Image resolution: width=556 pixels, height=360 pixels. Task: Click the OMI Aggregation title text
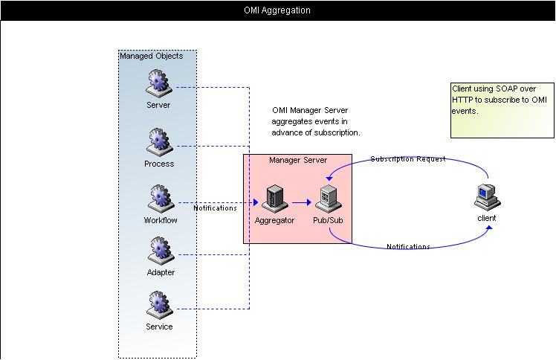277,10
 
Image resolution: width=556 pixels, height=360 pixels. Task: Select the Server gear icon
158,83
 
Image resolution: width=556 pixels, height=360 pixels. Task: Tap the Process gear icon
158,141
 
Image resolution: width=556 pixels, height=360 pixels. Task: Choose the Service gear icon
158,305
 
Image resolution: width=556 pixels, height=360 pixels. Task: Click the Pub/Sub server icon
328,199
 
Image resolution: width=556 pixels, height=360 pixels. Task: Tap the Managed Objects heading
151,56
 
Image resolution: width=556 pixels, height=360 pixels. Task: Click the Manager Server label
297,160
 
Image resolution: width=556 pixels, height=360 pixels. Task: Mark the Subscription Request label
408,159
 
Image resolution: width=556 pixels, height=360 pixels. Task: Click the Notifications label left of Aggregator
215,208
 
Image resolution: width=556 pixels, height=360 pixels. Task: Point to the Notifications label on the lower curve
408,247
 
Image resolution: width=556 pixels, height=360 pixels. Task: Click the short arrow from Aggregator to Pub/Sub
301,202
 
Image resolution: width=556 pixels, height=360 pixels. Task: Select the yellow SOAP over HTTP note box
502,110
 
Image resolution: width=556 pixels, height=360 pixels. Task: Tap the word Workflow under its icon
161,220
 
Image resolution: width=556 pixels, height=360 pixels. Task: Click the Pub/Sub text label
328,220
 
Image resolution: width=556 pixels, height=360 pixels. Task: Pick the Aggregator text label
274,220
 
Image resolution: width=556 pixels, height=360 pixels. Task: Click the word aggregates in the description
292,121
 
